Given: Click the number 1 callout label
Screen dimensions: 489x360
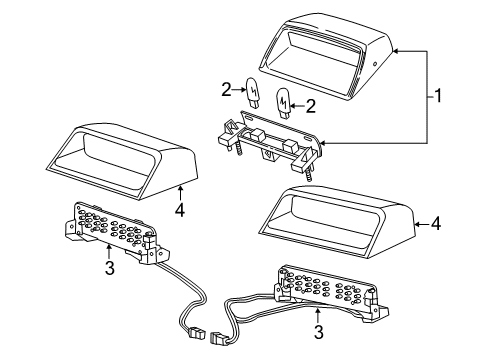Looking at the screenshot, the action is [x=438, y=96].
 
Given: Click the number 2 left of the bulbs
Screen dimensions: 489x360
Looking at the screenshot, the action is [x=226, y=89].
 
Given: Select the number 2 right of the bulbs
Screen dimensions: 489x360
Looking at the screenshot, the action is [x=310, y=106].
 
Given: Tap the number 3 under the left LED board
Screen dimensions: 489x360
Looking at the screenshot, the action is [x=110, y=268].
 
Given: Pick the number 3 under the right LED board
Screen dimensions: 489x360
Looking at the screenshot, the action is [x=319, y=332].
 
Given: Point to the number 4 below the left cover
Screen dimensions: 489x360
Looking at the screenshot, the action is [x=180, y=210].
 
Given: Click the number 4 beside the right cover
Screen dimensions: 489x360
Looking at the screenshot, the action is [x=436, y=223].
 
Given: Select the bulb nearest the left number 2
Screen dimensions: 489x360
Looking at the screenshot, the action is [x=252, y=93].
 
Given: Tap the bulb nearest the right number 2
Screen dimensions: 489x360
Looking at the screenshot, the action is [x=283, y=103].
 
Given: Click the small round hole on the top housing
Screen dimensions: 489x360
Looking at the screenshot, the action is [x=374, y=63].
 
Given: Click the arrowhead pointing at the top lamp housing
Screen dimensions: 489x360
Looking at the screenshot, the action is [x=396, y=51].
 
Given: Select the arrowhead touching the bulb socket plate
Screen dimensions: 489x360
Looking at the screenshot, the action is [x=323, y=143].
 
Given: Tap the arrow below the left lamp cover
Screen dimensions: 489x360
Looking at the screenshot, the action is [x=180, y=193].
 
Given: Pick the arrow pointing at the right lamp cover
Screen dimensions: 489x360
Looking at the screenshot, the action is [x=421, y=224].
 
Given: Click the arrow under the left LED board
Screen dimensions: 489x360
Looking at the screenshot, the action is [x=109, y=251].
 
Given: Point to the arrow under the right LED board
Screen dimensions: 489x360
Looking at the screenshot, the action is [x=318, y=315].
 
